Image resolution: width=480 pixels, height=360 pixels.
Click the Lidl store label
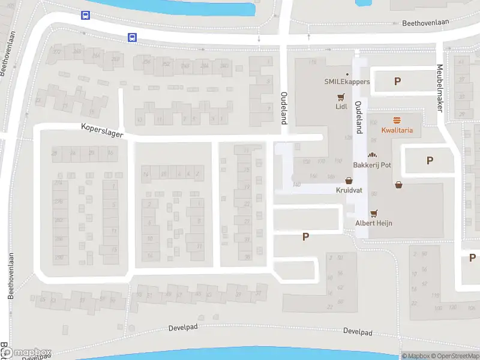pyautogui.click(x=341, y=107)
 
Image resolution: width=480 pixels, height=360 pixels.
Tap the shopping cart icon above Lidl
pyautogui.click(x=341, y=97)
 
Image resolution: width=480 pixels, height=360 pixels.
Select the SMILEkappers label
pyautogui.click(x=347, y=82)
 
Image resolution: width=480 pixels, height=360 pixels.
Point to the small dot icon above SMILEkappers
pyautogui.click(x=347, y=73)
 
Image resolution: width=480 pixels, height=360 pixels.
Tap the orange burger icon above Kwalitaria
pyautogui.click(x=397, y=120)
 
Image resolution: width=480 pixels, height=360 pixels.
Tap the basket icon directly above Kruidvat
pyautogui.click(x=348, y=180)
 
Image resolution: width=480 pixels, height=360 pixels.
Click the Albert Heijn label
pyautogui.click(x=374, y=223)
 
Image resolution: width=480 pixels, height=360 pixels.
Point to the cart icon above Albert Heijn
pyautogui.click(x=374, y=213)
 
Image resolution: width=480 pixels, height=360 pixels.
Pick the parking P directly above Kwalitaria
pyautogui.click(x=397, y=82)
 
